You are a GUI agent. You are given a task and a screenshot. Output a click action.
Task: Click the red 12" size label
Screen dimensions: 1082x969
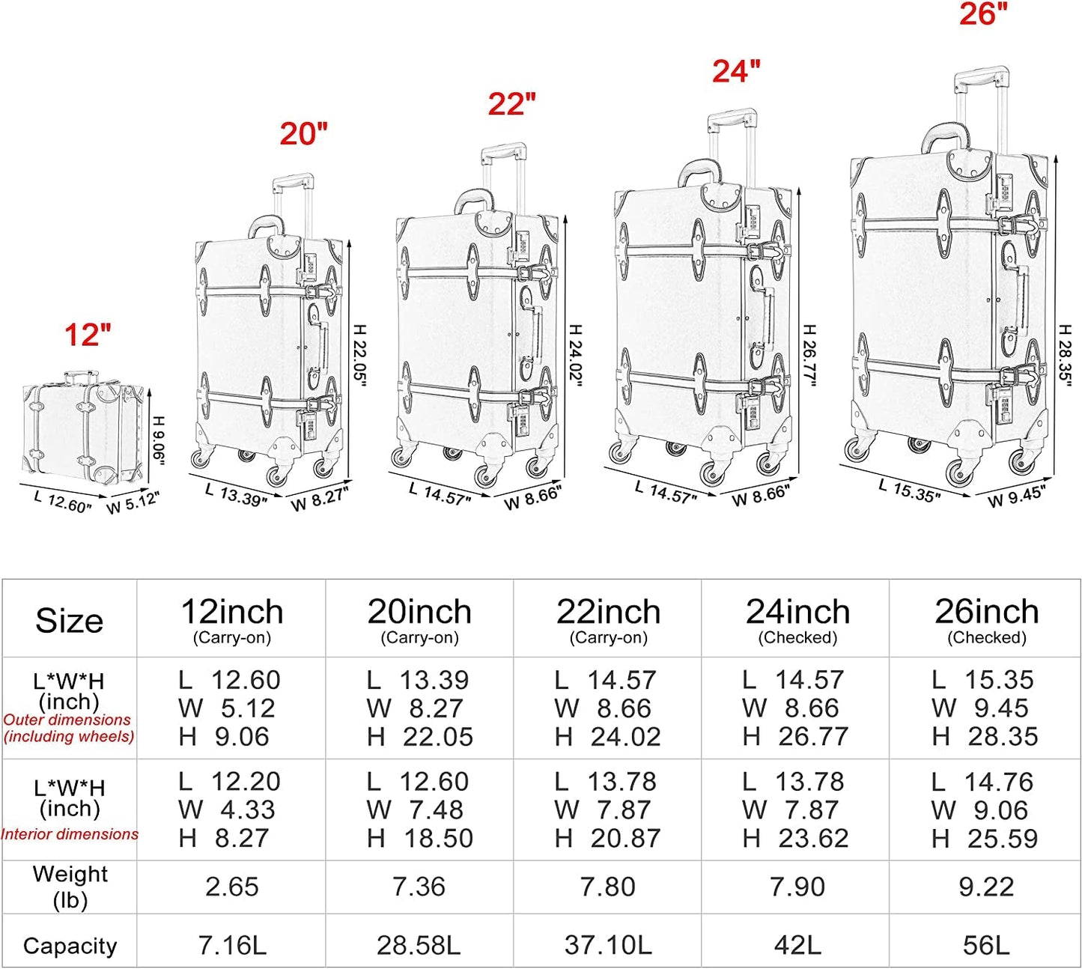[88, 335]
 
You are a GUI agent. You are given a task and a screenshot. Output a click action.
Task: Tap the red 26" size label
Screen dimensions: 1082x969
[983, 13]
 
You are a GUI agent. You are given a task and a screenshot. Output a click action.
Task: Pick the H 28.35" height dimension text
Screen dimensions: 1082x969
[1065, 356]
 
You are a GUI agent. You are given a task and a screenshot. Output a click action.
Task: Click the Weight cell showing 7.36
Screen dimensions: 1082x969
[419, 886]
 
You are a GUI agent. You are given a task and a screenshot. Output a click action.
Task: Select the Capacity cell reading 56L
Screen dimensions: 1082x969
[986, 945]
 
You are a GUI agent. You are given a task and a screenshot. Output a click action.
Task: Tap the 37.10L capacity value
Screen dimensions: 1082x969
[608, 945]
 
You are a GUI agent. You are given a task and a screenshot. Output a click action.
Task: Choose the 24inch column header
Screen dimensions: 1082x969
[797, 612]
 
